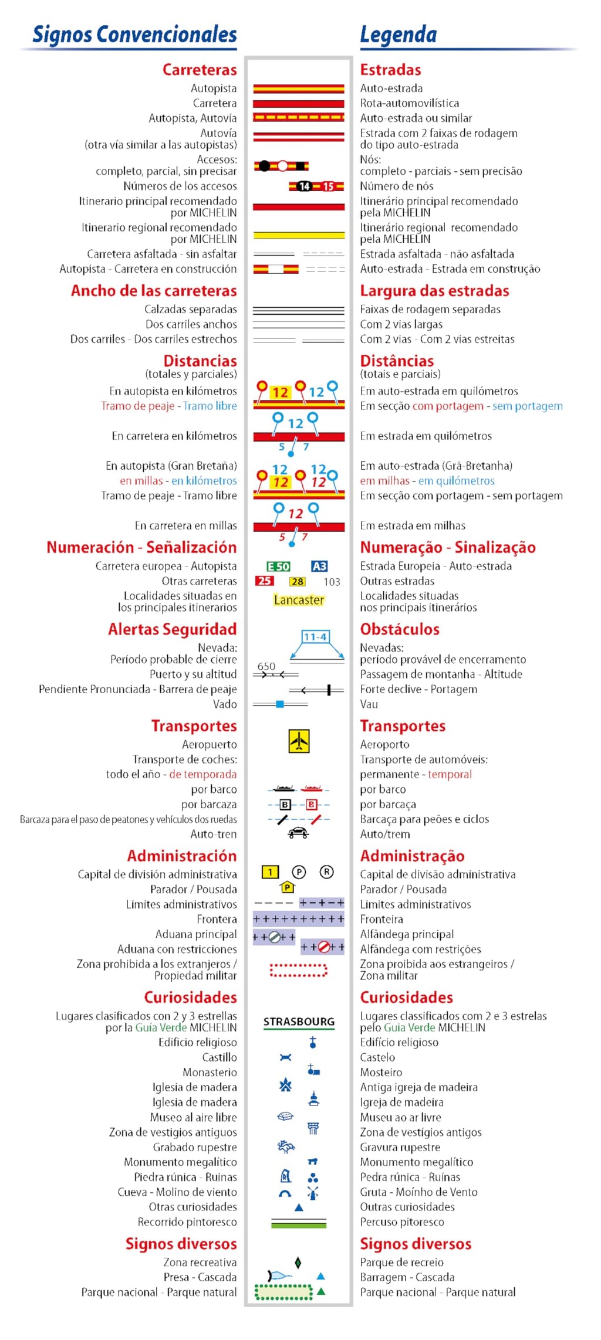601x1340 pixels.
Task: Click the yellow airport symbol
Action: (x=299, y=741)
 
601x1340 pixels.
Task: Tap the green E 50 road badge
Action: (x=278, y=566)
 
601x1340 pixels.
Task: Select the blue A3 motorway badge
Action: (x=319, y=566)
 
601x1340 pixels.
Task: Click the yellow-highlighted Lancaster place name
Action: (x=299, y=600)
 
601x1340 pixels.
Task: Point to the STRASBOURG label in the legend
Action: (x=299, y=1022)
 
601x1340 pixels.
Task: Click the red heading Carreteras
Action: (x=200, y=70)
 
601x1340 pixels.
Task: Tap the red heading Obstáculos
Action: (x=400, y=629)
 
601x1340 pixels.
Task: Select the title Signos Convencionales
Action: (x=134, y=35)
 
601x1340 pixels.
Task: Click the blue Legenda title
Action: (x=399, y=35)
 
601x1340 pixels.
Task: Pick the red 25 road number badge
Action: (x=264, y=581)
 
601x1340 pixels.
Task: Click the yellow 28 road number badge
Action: (x=298, y=582)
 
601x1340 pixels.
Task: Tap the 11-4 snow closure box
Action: (x=315, y=637)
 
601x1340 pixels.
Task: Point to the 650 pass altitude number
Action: (x=266, y=666)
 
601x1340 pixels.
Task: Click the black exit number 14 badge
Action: (x=304, y=186)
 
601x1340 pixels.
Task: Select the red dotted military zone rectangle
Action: (x=298, y=971)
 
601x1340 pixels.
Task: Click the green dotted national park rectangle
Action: (x=283, y=1292)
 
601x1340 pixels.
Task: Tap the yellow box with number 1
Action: (x=270, y=872)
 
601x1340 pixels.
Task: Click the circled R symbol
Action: (x=326, y=872)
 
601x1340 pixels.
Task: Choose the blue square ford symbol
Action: (x=280, y=704)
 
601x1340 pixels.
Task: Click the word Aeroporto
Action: (x=384, y=745)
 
